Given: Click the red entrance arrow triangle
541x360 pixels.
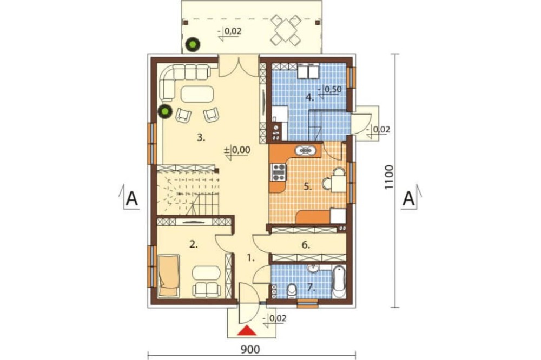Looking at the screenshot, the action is (248, 331).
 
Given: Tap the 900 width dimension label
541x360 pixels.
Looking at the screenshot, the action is (250, 350).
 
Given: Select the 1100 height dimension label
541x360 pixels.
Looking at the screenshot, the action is (389, 177).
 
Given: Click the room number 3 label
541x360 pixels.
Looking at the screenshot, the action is (201, 138).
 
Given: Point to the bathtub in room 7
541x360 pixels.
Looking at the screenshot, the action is (339, 282).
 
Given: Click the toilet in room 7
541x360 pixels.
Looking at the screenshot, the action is (292, 291).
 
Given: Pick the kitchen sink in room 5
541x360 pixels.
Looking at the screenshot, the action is (305, 150).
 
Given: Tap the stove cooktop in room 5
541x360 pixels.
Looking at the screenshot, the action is (278, 172).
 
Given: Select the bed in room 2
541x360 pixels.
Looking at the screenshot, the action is (169, 276).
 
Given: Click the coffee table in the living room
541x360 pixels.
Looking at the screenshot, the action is (197, 94).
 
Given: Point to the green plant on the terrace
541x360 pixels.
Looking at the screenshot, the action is (192, 44).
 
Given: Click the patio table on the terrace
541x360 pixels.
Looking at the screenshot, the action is (286, 30).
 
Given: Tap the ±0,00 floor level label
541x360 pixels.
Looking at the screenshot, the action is (237, 150).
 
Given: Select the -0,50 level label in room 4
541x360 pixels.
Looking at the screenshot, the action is (330, 90).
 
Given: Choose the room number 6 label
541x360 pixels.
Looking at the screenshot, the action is (306, 245).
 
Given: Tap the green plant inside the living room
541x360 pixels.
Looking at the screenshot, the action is (165, 111).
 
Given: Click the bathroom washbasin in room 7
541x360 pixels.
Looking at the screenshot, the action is (314, 268).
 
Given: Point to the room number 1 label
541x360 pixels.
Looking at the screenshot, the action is (251, 257).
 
